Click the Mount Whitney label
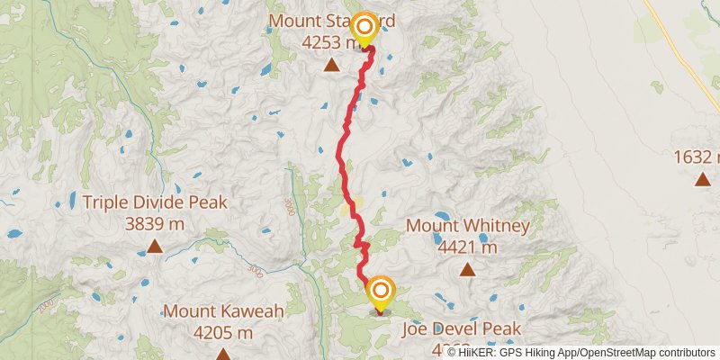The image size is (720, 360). click(x=468, y=225)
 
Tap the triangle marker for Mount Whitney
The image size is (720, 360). click(x=467, y=268)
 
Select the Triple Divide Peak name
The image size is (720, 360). click(x=155, y=202)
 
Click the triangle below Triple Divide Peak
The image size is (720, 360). click(x=155, y=246)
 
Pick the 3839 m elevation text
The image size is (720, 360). click(x=155, y=223)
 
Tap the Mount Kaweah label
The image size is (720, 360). click(x=223, y=311)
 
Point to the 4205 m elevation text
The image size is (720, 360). click(x=223, y=332)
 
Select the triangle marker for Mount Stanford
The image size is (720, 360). click(x=332, y=64)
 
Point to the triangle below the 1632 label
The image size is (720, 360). click(x=702, y=179)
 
